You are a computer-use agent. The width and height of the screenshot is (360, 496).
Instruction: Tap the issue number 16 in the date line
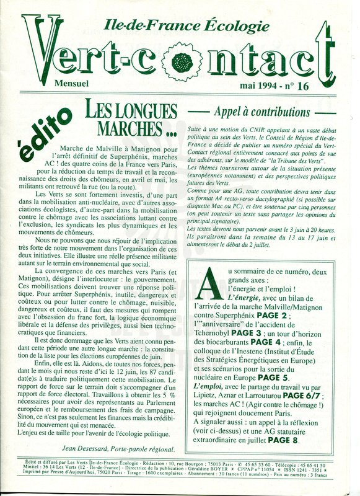[x=302, y=86]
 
